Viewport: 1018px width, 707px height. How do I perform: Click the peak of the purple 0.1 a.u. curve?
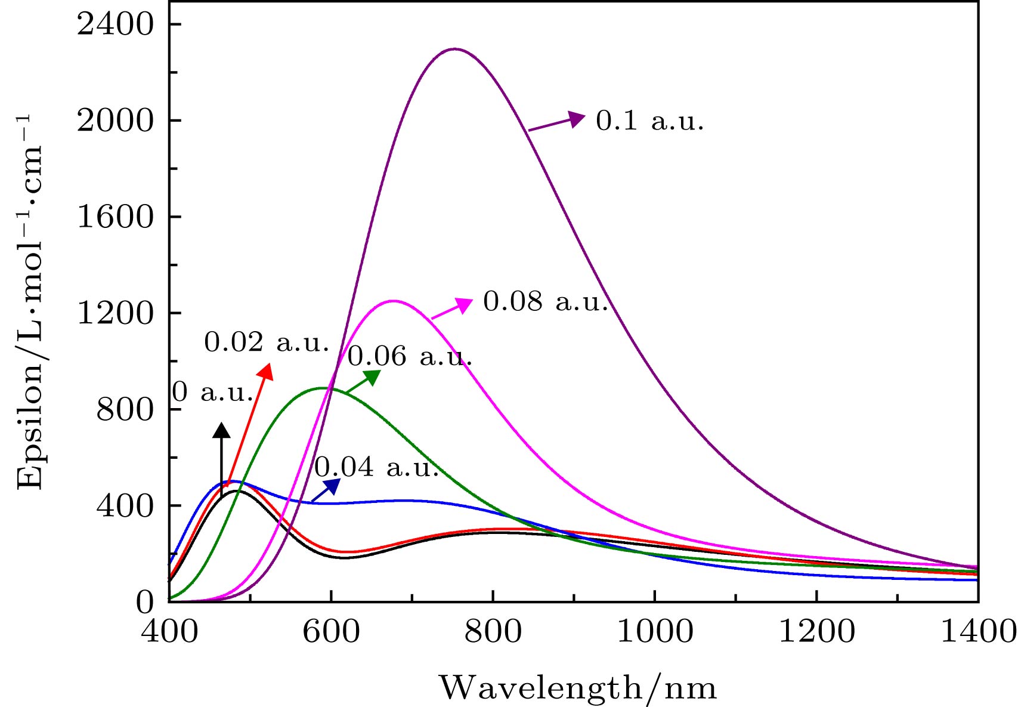click(x=454, y=49)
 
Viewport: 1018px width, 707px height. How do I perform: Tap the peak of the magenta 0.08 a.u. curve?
click(x=393, y=301)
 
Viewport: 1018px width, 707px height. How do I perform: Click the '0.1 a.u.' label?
click(x=650, y=122)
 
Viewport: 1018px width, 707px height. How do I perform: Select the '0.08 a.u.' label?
click(x=545, y=302)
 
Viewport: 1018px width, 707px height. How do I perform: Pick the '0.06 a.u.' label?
click(x=410, y=357)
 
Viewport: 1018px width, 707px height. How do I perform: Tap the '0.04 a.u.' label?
click(x=377, y=467)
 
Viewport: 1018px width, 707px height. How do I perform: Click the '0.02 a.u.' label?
click(x=267, y=343)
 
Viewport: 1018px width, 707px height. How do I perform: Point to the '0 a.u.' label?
click(x=213, y=393)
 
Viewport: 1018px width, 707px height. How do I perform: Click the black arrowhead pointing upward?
click(x=221, y=430)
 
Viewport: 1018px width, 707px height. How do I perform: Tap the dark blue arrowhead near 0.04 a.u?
click(x=332, y=486)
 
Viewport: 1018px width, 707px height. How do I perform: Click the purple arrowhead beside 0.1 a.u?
click(x=576, y=118)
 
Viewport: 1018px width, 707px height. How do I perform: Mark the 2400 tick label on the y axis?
click(x=116, y=25)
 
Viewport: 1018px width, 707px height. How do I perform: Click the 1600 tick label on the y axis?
click(x=116, y=217)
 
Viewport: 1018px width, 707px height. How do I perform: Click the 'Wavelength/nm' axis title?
click(x=578, y=688)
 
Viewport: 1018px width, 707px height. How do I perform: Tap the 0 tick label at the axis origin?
click(x=145, y=603)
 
